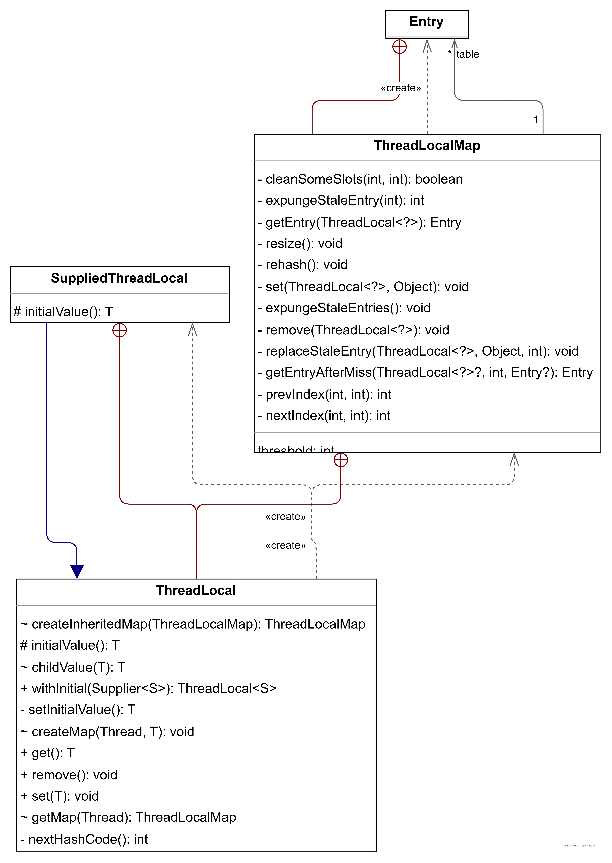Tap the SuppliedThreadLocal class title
pyautogui.click(x=119, y=278)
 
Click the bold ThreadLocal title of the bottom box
pyautogui.click(x=196, y=590)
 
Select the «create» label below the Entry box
pyautogui.click(x=401, y=88)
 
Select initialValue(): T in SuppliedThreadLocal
pyautogui.click(x=63, y=312)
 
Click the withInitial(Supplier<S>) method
pyautogui.click(x=148, y=688)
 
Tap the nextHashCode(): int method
pyautogui.click(x=84, y=839)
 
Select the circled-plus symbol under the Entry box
pyautogui.click(x=399, y=47)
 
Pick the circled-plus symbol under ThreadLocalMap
pyautogui.click(x=341, y=460)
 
